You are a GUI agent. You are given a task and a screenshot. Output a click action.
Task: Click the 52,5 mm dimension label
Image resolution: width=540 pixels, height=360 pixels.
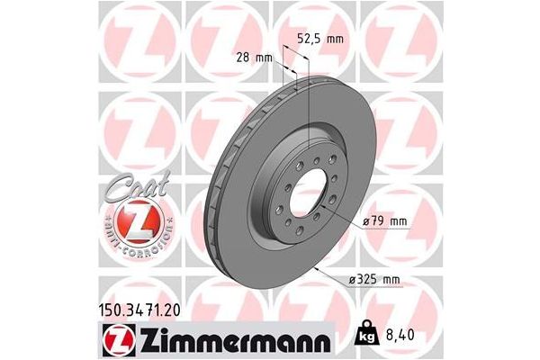[320, 39]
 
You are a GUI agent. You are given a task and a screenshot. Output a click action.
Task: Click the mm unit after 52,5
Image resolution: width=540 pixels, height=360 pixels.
[335, 39]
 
